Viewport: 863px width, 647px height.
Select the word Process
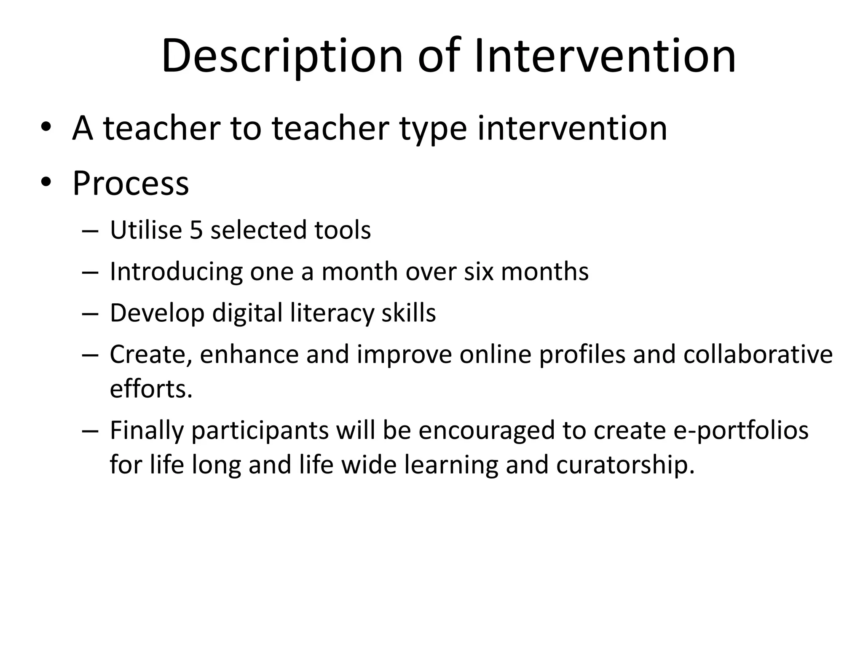point(131,184)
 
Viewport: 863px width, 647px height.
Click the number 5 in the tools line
point(196,230)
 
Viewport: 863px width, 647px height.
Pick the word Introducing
point(176,272)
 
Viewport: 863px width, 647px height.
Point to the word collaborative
point(758,354)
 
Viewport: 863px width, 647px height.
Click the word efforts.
point(151,388)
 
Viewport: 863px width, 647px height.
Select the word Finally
point(147,431)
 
